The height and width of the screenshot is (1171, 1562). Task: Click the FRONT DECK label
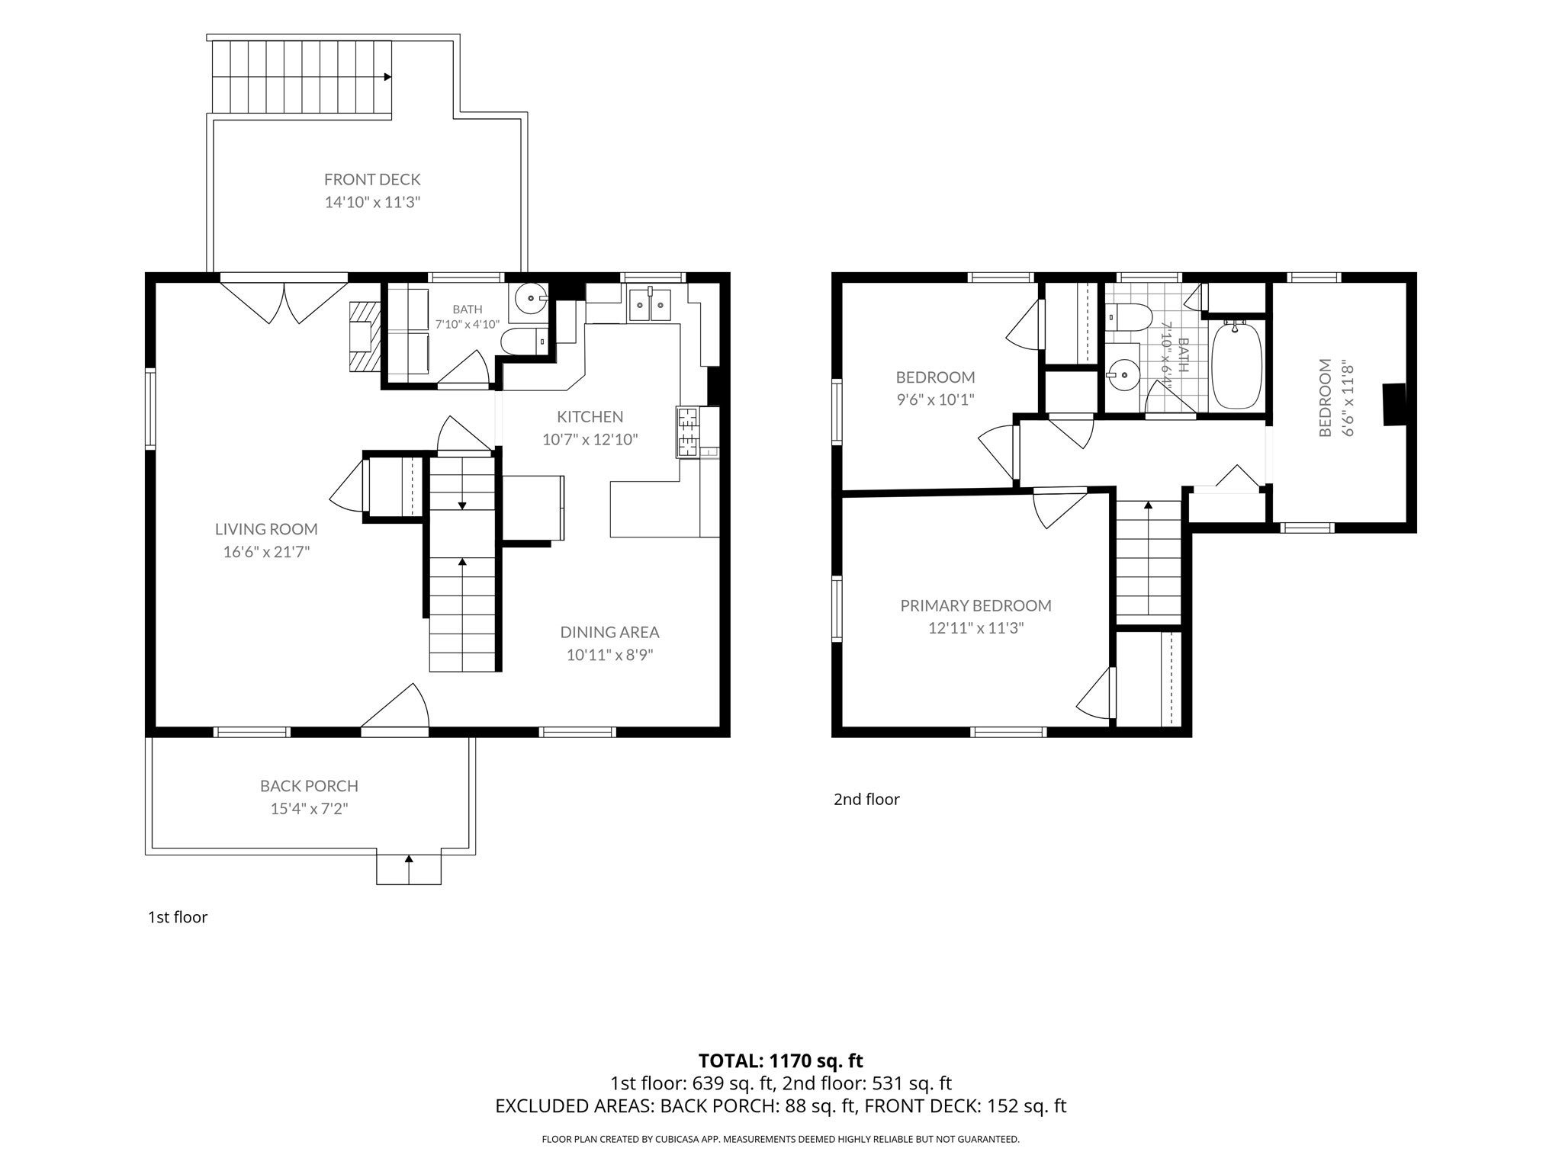pyautogui.click(x=372, y=179)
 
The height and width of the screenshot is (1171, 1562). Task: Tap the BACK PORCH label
pyautogui.click(x=309, y=785)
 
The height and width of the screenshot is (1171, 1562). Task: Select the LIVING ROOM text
pyautogui.click(x=266, y=528)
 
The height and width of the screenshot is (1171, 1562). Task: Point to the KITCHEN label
pyautogui.click(x=590, y=416)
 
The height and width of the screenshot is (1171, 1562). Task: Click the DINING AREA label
pyautogui.click(x=609, y=632)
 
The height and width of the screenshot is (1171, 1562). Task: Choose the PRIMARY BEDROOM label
pyautogui.click(x=975, y=605)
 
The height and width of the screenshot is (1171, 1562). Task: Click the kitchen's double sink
pyautogui.click(x=649, y=305)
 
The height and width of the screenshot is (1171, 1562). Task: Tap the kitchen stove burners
pyautogui.click(x=686, y=432)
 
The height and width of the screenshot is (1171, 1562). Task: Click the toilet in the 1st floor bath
pyautogui.click(x=523, y=342)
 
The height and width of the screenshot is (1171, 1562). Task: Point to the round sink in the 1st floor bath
pyautogui.click(x=529, y=298)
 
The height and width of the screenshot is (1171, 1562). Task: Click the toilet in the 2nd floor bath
pyautogui.click(x=1127, y=317)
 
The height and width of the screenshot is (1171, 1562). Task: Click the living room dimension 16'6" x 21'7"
pyautogui.click(x=266, y=551)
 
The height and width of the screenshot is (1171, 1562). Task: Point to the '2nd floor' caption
pyautogui.click(x=866, y=799)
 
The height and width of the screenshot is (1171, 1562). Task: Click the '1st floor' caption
pyautogui.click(x=178, y=916)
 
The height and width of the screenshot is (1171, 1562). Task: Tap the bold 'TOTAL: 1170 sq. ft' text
pyautogui.click(x=781, y=1060)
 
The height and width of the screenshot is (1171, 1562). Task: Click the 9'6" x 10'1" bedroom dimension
pyautogui.click(x=935, y=399)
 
